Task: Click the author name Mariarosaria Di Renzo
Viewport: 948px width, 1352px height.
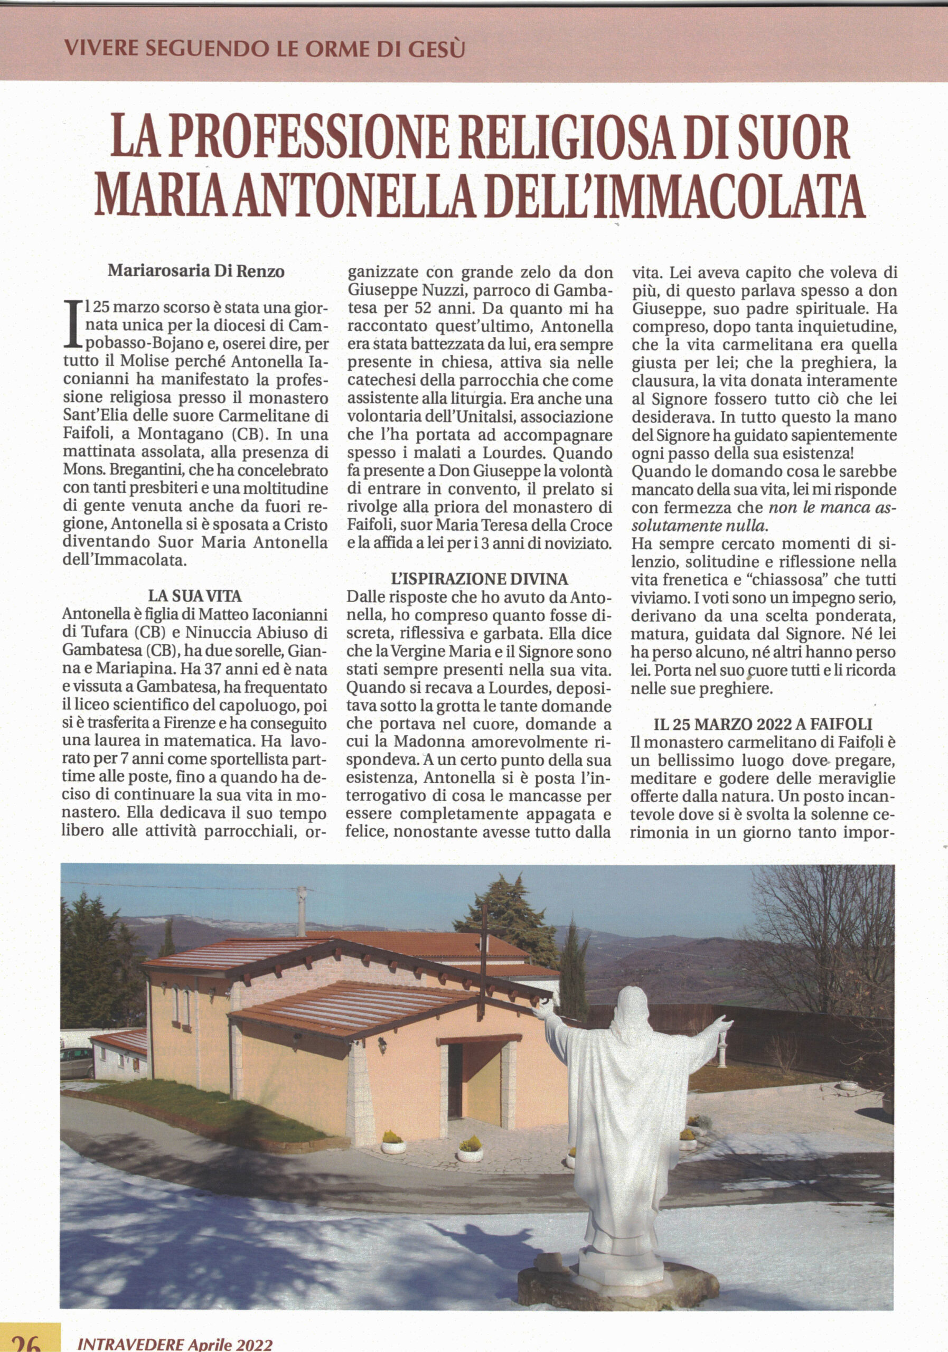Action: coord(196,272)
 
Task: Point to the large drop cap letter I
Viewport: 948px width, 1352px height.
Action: coord(71,323)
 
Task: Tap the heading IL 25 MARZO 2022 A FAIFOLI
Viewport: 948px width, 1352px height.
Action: coord(763,724)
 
